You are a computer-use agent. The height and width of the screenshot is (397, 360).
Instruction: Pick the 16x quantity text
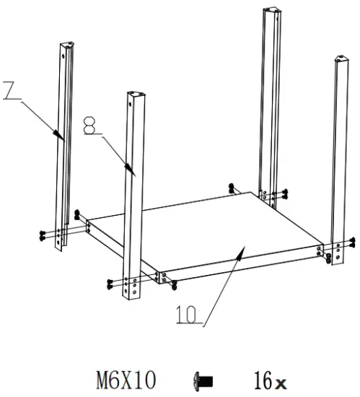pos(271,379)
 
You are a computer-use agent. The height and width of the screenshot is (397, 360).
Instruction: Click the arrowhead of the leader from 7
pos(61,136)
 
